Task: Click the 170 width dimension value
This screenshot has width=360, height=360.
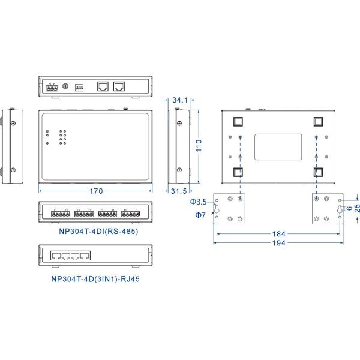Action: (96, 191)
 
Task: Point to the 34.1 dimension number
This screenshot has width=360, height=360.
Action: (180, 100)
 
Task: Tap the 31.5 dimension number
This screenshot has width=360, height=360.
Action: (178, 191)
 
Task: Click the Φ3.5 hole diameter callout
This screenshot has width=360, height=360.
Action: (198, 201)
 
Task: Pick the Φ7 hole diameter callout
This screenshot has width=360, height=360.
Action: (200, 214)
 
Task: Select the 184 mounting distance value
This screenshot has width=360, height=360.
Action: (278, 233)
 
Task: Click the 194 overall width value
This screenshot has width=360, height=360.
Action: (278, 243)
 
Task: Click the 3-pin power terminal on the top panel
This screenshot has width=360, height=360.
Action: (50, 87)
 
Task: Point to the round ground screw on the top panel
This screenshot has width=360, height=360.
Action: (65, 86)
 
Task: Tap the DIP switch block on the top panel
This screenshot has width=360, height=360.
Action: (79, 87)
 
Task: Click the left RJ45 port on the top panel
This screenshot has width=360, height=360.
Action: (103, 86)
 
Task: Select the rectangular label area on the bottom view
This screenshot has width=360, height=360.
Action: (278, 147)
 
